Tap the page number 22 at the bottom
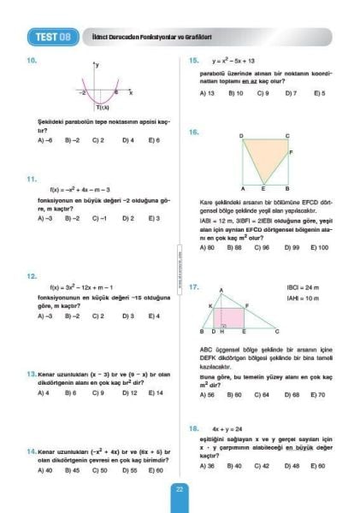tap(180, 489)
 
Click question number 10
tap(32, 61)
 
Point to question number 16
tap(194, 133)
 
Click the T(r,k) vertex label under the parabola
tap(101, 108)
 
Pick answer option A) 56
tap(207, 395)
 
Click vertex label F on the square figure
tap(292, 153)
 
